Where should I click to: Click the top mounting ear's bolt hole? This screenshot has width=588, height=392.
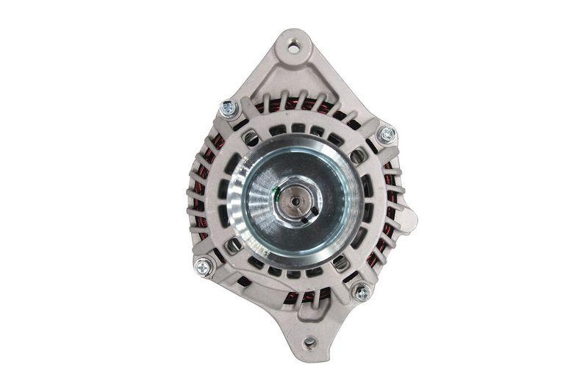293,49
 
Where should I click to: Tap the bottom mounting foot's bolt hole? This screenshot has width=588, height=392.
309,341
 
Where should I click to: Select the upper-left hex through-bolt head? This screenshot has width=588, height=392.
229,110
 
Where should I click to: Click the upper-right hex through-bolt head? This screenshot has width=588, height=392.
385,135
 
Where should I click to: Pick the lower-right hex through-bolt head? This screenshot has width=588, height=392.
361,292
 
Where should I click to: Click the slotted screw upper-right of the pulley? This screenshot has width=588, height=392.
357,155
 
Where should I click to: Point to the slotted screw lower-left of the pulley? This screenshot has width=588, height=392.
232,244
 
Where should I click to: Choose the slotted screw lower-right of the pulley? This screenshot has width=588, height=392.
340,262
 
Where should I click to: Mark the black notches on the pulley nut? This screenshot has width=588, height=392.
309,210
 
